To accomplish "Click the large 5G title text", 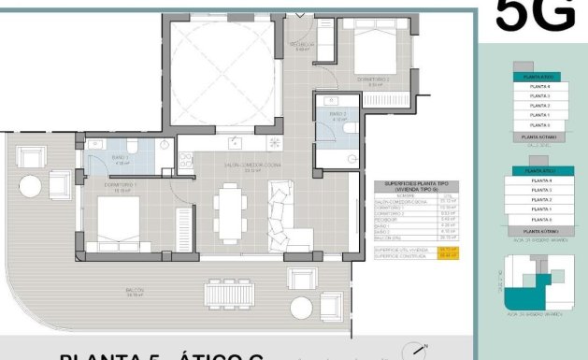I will coord(534,16).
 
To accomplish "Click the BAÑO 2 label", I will coord(337,116).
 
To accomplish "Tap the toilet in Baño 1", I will coord(165,146).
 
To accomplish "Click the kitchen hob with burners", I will coord(275,143).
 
